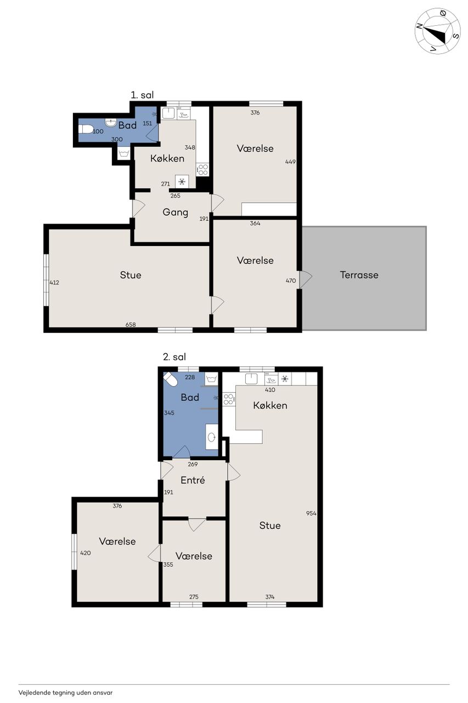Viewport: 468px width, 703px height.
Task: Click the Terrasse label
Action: pyautogui.click(x=359, y=275)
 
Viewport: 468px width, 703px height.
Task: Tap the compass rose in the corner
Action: pyautogui.click(x=438, y=31)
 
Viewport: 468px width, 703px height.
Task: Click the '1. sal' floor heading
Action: pyautogui.click(x=142, y=95)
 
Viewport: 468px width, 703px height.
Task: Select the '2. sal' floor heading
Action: pyautogui.click(x=174, y=357)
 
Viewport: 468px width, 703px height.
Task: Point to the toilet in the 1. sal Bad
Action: pyautogui.click(x=85, y=129)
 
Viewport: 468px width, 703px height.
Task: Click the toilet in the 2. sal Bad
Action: pyautogui.click(x=170, y=379)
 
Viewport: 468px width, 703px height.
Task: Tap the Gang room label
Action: pyautogui.click(x=175, y=213)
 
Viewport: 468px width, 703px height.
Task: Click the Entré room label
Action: pyautogui.click(x=193, y=480)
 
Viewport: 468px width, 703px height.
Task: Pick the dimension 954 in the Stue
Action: pyautogui.click(x=311, y=513)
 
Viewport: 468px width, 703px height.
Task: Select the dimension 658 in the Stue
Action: pyautogui.click(x=131, y=325)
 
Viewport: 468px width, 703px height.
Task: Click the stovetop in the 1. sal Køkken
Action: pyautogui.click(x=202, y=170)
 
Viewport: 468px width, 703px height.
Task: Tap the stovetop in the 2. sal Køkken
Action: pyautogui.click(x=228, y=399)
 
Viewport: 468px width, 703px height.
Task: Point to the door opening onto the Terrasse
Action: pyautogui.click(x=305, y=280)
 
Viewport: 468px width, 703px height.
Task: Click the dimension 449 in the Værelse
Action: pyautogui.click(x=290, y=161)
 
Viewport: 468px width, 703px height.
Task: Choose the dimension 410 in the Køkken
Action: pyautogui.click(x=270, y=390)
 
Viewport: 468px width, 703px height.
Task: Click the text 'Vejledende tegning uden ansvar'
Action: pyautogui.click(x=65, y=693)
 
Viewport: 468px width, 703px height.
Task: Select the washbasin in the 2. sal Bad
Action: pyautogui.click(x=212, y=437)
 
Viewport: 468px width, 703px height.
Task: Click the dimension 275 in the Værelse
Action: pyautogui.click(x=194, y=596)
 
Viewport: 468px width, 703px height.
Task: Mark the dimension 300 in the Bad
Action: pyautogui.click(x=117, y=140)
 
